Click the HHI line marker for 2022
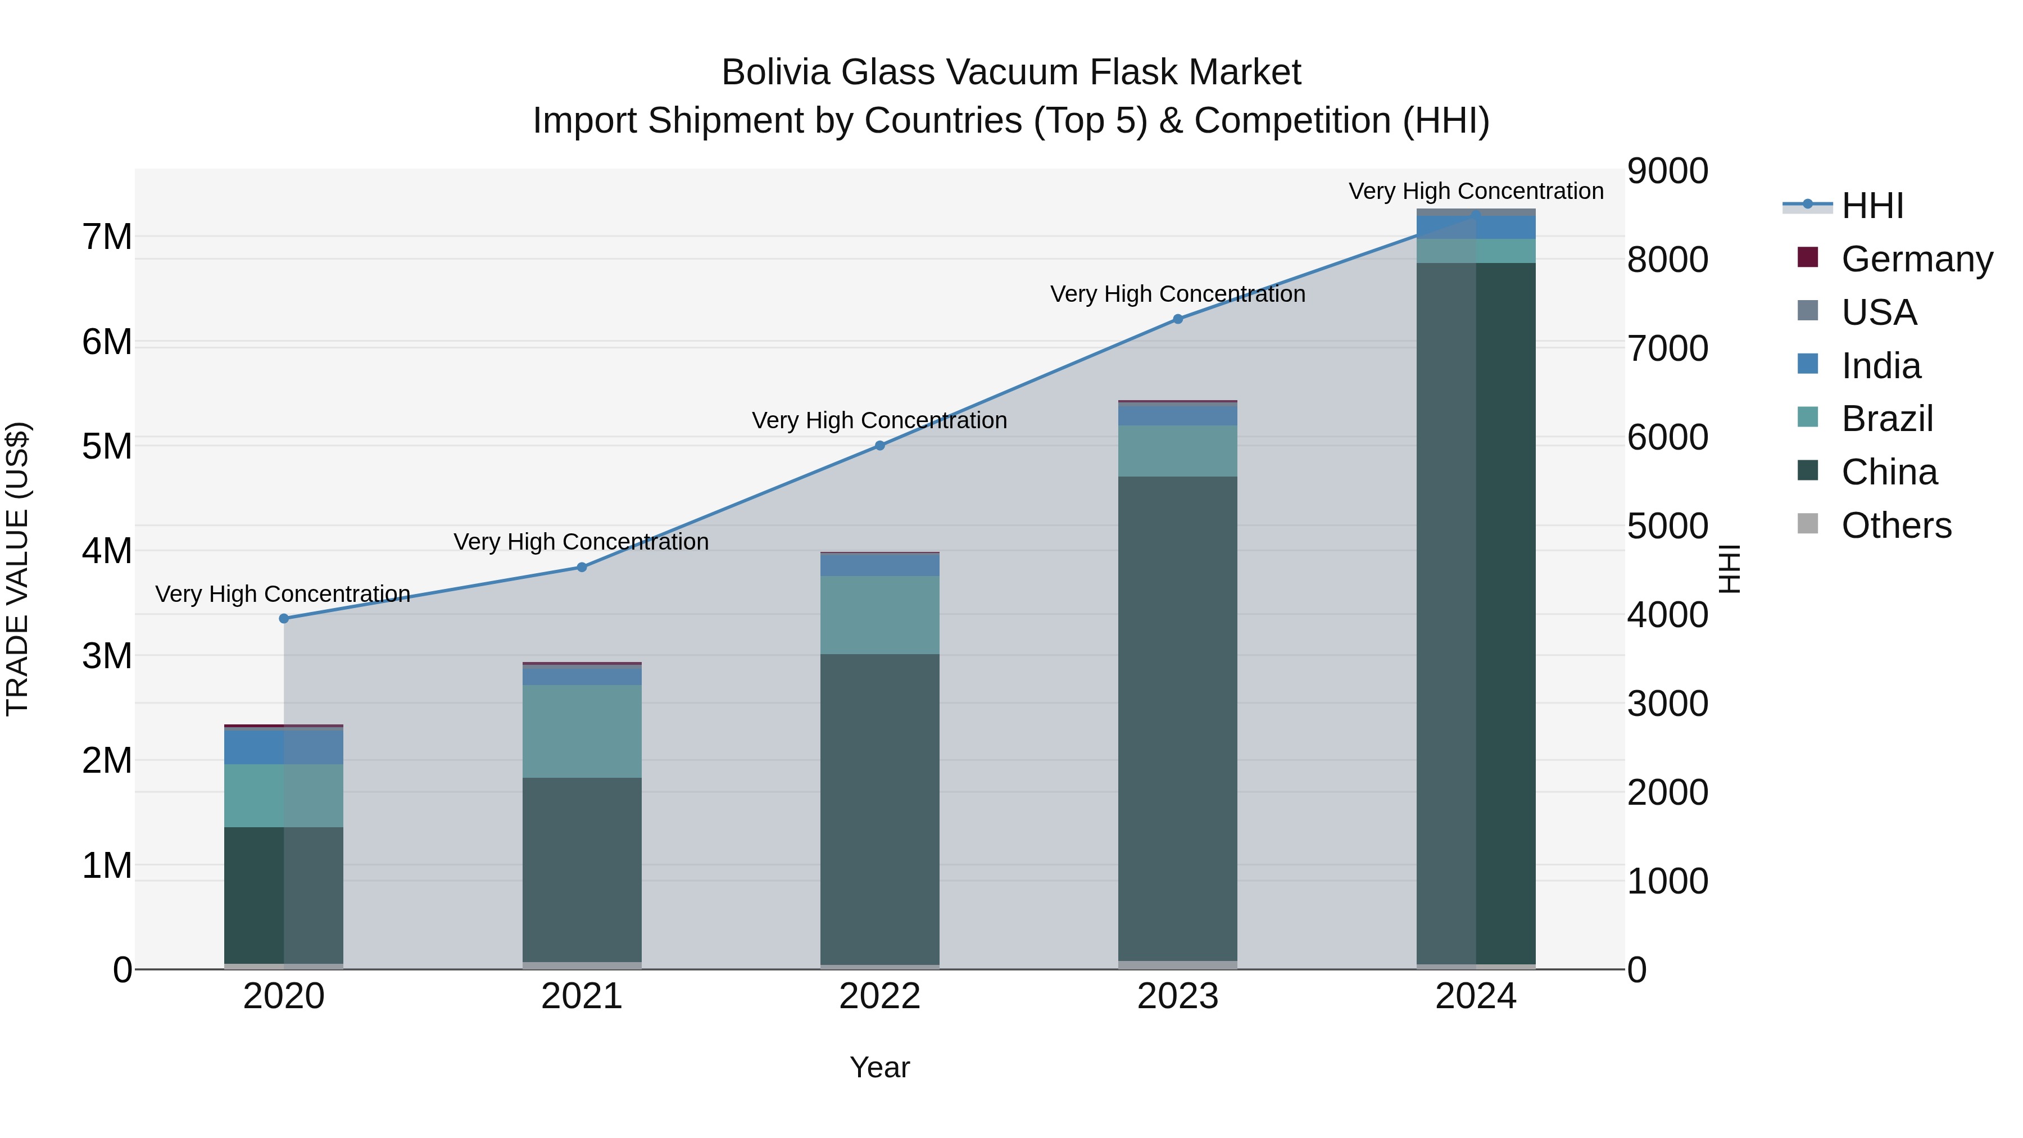point(879,445)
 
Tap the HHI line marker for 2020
point(284,618)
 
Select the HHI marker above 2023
point(1177,319)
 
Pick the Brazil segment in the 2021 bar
point(582,731)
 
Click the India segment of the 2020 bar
point(284,746)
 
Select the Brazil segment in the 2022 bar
point(879,614)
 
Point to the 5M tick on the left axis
point(107,446)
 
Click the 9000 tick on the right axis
point(1667,171)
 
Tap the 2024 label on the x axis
point(1476,996)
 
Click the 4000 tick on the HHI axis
point(1667,615)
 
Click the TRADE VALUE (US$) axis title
point(17,569)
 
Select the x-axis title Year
point(879,1067)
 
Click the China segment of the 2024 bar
point(1476,613)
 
